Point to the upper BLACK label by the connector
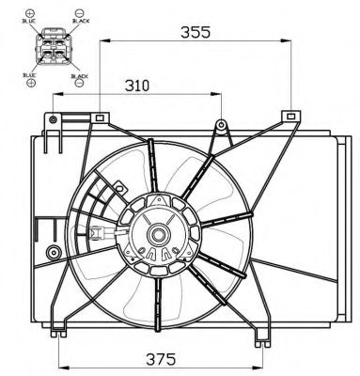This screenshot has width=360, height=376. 80,18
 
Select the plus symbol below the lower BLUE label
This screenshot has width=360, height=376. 31,83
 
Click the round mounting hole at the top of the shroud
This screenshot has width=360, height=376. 220,125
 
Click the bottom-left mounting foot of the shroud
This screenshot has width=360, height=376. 61,329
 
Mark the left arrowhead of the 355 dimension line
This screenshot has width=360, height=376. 103,40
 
